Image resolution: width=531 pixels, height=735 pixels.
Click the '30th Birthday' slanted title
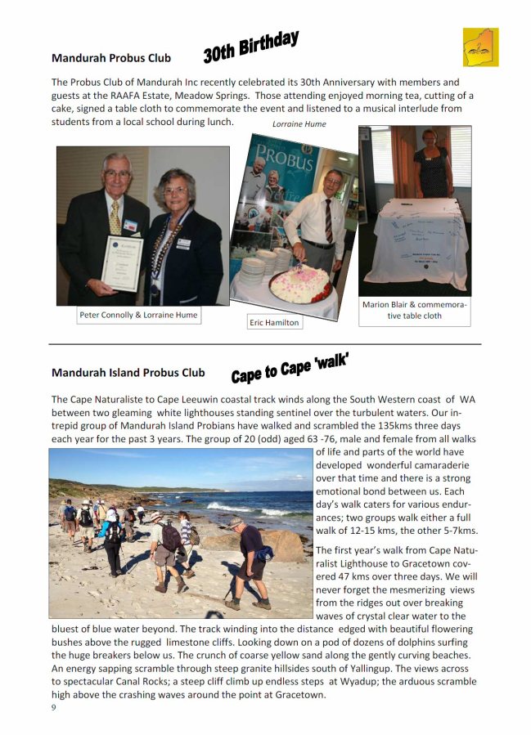coord(250,47)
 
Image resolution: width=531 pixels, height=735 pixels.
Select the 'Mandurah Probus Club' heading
coord(111,58)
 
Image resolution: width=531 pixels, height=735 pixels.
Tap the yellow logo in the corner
coord(480,47)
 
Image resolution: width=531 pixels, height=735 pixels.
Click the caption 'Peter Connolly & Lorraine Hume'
coord(138,315)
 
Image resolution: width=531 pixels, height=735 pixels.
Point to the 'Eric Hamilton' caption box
coord(275,323)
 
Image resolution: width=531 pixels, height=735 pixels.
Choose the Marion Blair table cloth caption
coord(414,310)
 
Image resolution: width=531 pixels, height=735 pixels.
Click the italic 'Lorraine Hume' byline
coord(299,124)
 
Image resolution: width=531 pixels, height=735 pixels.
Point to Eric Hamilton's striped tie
coord(327,221)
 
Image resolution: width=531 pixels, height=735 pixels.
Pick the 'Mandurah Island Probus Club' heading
coord(128,373)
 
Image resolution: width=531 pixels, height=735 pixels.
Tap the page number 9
coord(54,708)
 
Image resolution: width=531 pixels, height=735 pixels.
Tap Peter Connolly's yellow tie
coord(115,217)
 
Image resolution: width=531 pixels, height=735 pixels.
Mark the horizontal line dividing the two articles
coord(265,344)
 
